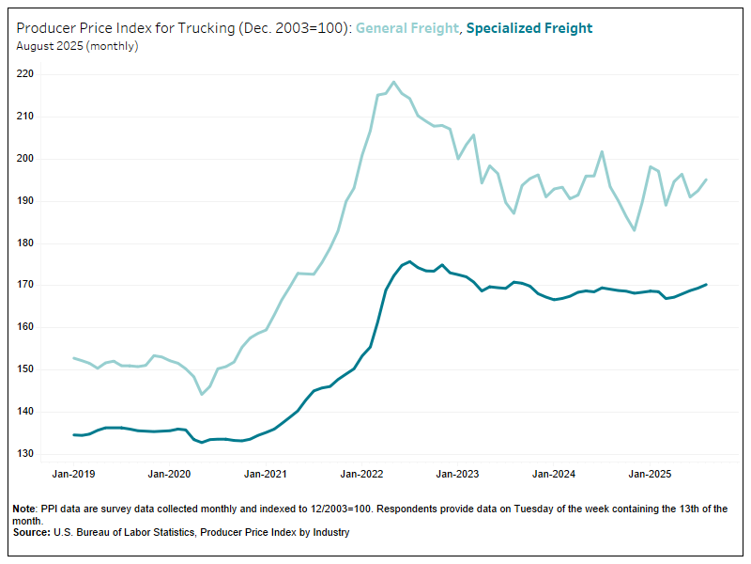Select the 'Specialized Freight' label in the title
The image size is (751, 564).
coord(529,28)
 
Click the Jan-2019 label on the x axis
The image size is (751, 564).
coord(73,475)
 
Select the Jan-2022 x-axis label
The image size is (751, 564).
coord(361,475)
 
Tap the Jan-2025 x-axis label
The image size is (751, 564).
coord(649,475)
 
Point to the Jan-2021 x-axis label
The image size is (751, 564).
coord(265,475)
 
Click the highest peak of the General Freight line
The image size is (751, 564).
coord(393,82)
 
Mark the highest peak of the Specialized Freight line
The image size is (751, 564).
coord(410,261)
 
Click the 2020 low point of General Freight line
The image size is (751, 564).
coord(202,394)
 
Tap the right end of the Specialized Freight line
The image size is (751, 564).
coord(706,284)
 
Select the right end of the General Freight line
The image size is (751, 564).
coord(706,180)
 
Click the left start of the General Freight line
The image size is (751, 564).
coord(73,358)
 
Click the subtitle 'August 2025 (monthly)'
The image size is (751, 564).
coord(77,46)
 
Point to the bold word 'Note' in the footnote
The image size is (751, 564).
coord(24,509)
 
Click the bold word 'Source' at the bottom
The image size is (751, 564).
coord(30,533)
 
